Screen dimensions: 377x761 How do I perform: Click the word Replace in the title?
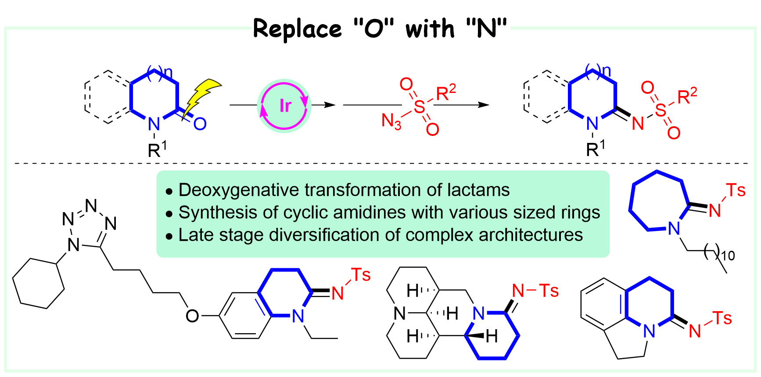pyautogui.click(x=297, y=29)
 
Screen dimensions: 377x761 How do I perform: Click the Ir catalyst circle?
pyautogui.click(x=284, y=106)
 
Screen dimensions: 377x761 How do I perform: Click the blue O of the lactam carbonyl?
pyautogui.click(x=200, y=124)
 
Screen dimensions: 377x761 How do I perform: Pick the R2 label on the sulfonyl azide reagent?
pyautogui.click(x=445, y=92)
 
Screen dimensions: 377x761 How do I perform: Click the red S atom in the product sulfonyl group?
pyautogui.click(x=660, y=110)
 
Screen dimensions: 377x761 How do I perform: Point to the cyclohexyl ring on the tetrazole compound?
pyautogui.click(x=39, y=283)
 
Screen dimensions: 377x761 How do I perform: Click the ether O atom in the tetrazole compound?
pyautogui.click(x=192, y=316)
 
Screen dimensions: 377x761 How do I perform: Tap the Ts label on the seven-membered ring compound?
pyautogui.click(x=736, y=190)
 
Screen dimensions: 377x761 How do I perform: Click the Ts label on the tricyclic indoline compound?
pyautogui.click(x=722, y=318)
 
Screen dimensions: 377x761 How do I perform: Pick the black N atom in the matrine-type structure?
pyautogui.click(x=399, y=313)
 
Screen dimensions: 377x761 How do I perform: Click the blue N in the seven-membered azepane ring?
pyautogui.click(x=674, y=228)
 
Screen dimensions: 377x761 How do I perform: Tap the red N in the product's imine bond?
pyautogui.click(x=638, y=124)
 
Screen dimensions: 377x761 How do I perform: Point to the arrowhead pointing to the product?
pyautogui.click(x=484, y=105)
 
